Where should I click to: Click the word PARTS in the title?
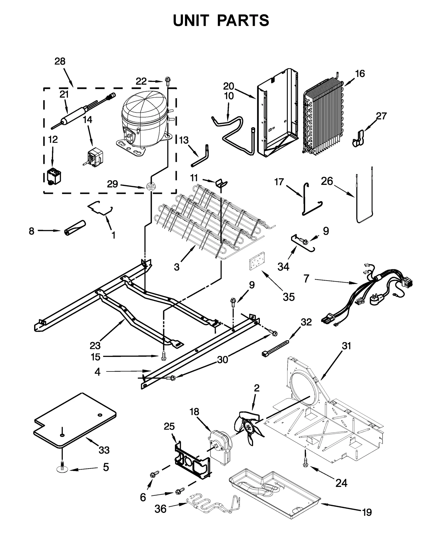(x=243, y=20)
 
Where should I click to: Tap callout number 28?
(x=60, y=61)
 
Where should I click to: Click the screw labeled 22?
(x=168, y=81)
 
